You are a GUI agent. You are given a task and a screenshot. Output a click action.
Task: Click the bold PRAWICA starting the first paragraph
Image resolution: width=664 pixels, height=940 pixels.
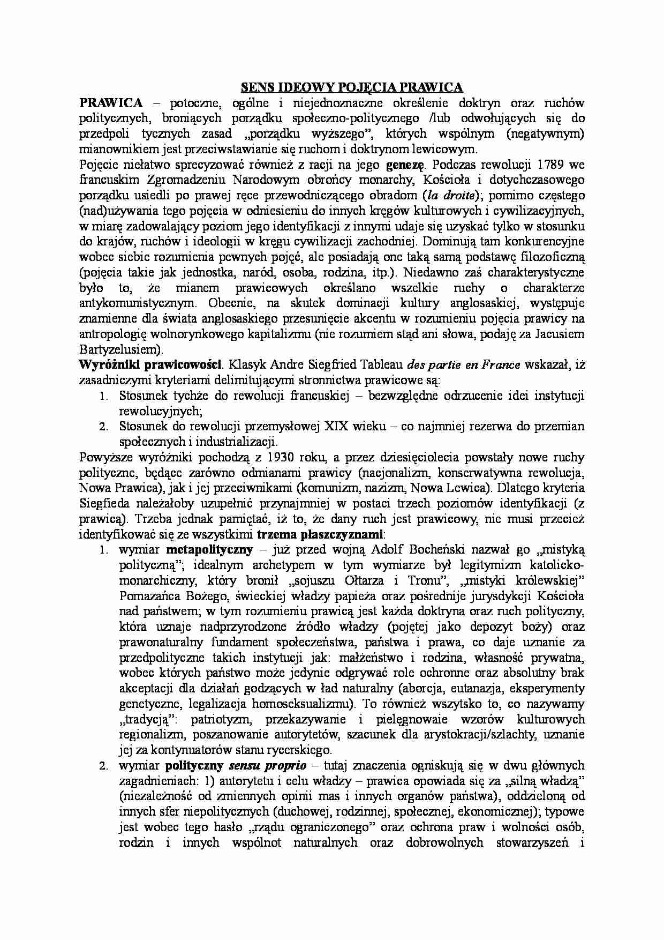point(111,102)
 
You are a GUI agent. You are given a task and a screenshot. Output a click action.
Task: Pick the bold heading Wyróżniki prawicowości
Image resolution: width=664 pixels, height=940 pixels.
point(150,365)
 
